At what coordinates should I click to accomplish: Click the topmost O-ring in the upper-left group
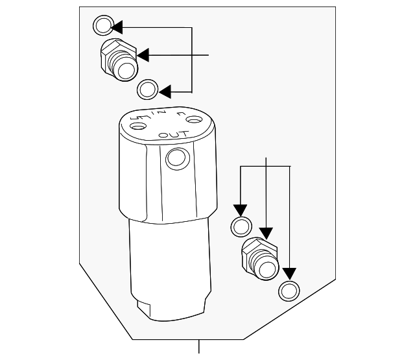102,26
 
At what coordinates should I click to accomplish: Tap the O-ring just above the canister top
148,88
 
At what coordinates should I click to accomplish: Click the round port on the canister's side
175,158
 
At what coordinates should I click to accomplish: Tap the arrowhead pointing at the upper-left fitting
142,55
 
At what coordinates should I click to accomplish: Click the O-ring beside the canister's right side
241,227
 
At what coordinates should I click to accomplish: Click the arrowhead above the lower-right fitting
266,232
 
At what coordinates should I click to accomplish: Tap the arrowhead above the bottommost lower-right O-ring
289,274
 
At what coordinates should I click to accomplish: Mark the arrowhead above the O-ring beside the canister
241,211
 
